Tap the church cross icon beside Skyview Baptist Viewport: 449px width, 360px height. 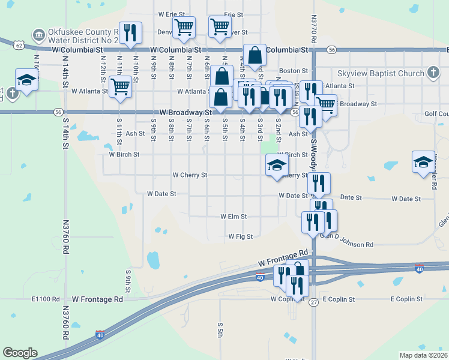(432, 73)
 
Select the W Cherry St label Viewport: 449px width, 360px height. (190, 175)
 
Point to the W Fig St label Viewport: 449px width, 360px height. (240, 236)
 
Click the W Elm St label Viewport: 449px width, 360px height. (234, 216)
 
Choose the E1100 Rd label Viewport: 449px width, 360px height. (46, 299)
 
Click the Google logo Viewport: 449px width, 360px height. (20, 353)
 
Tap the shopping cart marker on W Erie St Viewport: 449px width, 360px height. (184, 26)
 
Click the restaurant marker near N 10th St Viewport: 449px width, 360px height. (130, 32)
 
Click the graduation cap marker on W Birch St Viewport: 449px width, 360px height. (276, 165)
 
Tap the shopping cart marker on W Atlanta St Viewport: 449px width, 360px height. (120, 86)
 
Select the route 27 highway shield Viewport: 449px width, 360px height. (313, 303)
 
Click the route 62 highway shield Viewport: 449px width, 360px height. (20, 45)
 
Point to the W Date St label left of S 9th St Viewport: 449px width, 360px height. (161, 194)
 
